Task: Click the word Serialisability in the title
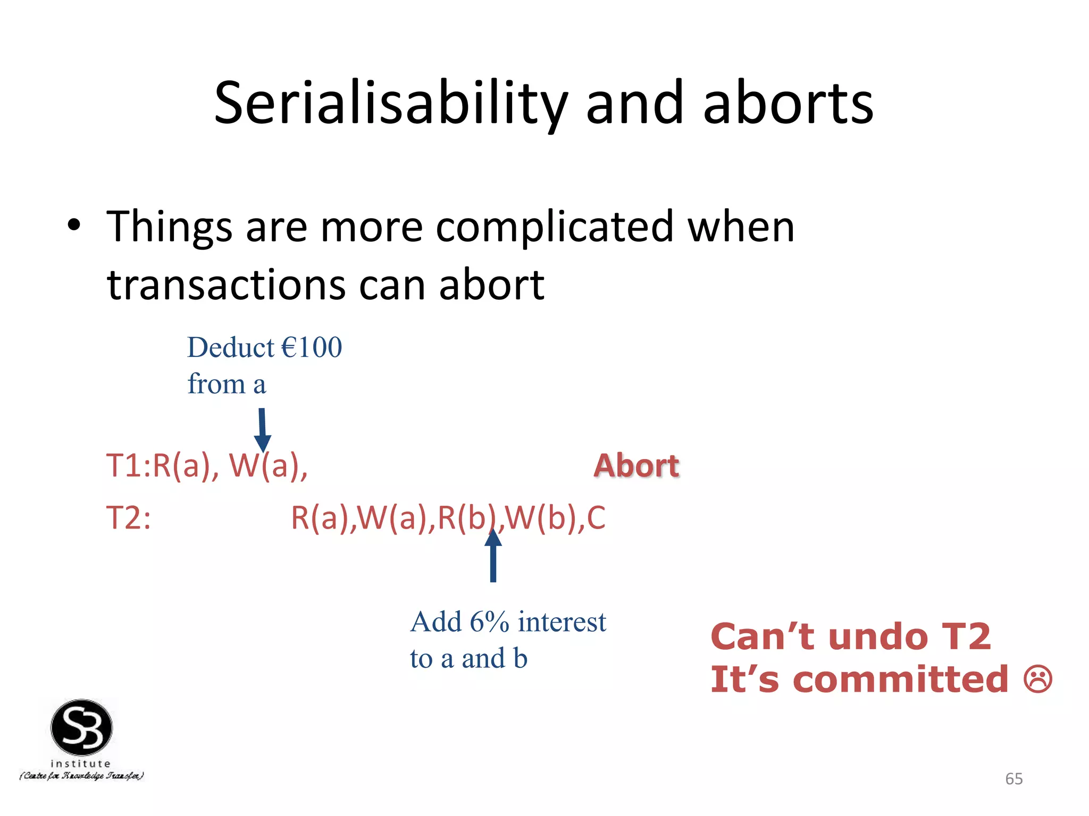click(x=391, y=104)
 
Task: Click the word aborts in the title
click(x=788, y=104)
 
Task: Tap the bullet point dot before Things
click(x=74, y=225)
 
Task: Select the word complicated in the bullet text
click(x=555, y=227)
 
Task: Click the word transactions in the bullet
click(x=227, y=285)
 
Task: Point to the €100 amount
click(x=312, y=348)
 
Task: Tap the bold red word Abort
click(x=636, y=465)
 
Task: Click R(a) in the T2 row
click(x=322, y=517)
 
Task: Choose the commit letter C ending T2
click(x=596, y=517)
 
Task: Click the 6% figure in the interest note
click(x=489, y=622)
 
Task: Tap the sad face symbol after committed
click(x=1037, y=679)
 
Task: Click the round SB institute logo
click(x=81, y=728)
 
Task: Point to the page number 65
click(x=1013, y=779)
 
